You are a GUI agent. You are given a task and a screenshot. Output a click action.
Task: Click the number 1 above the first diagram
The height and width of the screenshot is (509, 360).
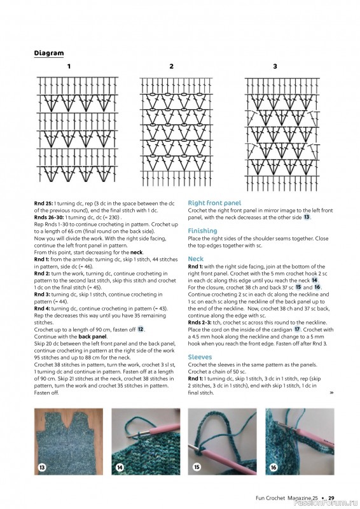[x=69, y=66]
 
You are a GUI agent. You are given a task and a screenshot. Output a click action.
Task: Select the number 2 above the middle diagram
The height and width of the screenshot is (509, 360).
[x=171, y=66]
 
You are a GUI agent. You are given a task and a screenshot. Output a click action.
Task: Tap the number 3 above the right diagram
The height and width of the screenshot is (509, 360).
[x=275, y=66]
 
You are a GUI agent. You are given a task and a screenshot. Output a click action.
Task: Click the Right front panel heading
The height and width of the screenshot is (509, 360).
[x=214, y=203]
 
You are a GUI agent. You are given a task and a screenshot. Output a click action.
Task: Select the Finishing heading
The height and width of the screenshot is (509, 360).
[x=202, y=231]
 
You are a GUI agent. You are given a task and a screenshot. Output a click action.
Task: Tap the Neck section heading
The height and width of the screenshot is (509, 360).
[x=195, y=259]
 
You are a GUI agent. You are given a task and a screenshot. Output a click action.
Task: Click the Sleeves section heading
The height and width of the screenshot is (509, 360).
[x=200, y=358]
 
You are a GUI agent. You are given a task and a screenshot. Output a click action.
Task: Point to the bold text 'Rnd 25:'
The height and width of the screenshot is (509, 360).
[x=44, y=203]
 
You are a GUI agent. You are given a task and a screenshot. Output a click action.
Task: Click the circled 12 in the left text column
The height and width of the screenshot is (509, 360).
[x=141, y=329]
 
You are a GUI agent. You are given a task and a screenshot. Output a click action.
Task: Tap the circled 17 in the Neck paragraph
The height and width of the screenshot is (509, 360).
[x=297, y=330]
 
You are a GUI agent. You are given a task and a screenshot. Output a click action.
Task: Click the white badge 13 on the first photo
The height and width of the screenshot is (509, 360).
[x=42, y=468]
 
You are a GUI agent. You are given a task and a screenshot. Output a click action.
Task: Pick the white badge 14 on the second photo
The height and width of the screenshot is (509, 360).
[x=120, y=468]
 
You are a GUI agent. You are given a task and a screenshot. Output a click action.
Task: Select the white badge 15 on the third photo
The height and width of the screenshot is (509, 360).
[x=197, y=468]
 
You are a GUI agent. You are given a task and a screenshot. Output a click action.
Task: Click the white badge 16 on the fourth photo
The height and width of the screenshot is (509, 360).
[x=274, y=468]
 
